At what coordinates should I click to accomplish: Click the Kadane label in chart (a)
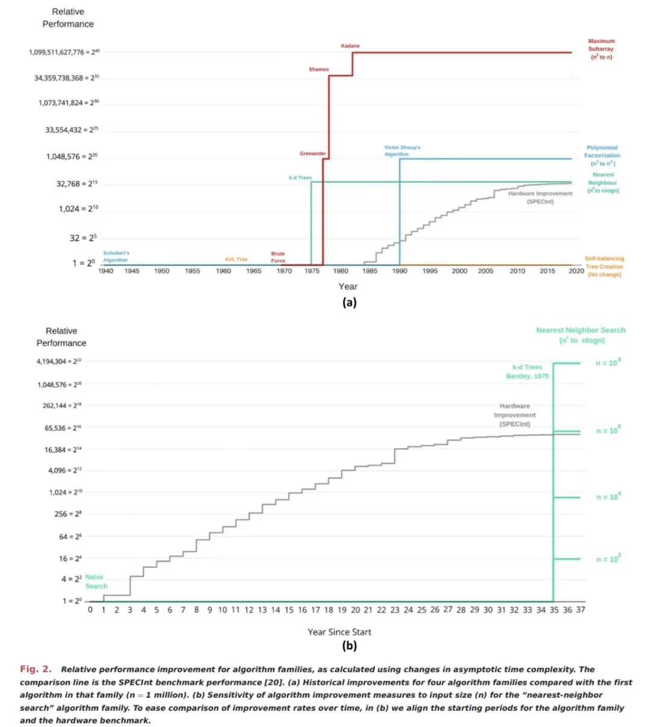(x=350, y=46)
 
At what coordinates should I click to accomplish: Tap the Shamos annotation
(x=319, y=69)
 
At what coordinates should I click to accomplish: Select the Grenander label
(x=312, y=154)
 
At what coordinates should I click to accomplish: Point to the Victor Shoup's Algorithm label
(x=402, y=151)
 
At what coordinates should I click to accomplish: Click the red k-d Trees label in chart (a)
(x=300, y=178)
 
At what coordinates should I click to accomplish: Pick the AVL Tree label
(x=236, y=260)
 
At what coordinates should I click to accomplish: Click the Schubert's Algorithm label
(x=116, y=257)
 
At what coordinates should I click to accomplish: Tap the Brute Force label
(x=278, y=257)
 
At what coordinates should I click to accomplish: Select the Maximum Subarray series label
(x=601, y=49)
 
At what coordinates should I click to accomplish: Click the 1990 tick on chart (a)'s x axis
(x=400, y=271)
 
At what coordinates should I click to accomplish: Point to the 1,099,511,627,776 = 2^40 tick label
(x=64, y=52)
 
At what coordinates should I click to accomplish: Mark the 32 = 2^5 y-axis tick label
(x=83, y=238)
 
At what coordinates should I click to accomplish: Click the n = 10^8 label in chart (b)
(x=608, y=363)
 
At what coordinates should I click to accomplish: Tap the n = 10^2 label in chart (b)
(x=608, y=559)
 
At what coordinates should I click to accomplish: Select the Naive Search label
(x=96, y=581)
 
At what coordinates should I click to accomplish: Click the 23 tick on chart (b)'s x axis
(x=395, y=610)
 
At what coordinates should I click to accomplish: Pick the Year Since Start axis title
(x=339, y=632)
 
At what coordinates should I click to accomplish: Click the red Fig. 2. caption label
(x=36, y=669)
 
